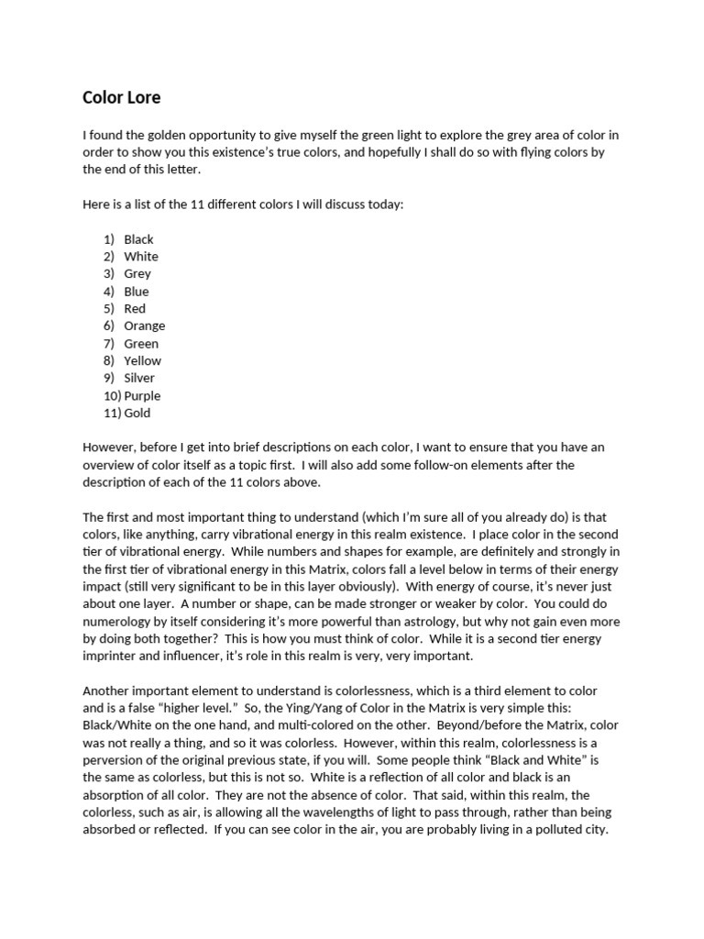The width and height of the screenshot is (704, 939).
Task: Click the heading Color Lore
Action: pos(122,96)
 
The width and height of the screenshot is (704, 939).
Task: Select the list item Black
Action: pos(138,239)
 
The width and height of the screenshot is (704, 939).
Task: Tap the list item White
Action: pos(141,257)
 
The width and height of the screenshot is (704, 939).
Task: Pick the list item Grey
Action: pos(137,273)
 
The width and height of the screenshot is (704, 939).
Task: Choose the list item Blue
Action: pos(137,292)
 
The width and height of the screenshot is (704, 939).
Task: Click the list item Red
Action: pos(135,309)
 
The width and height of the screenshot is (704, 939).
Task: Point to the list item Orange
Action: pos(145,326)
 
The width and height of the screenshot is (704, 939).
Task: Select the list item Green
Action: pos(141,344)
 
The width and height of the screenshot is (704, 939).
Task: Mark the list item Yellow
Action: pos(143,360)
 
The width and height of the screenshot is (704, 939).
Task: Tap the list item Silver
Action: pos(139,378)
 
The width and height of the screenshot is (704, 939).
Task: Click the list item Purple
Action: pos(142,396)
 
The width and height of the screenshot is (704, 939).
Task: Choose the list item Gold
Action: pos(137,414)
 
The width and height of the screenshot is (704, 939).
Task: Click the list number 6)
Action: pos(108,326)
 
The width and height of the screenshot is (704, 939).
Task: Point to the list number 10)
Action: pos(111,396)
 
